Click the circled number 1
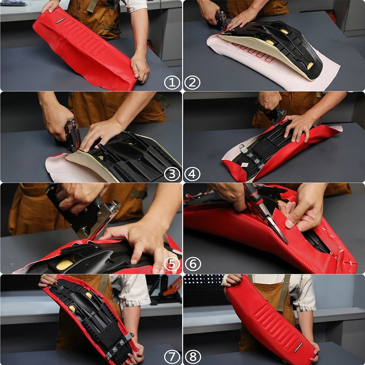click(x=172, y=82)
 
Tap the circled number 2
click(x=192, y=82)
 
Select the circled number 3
click(x=172, y=174)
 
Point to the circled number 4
click(x=192, y=174)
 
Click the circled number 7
click(x=172, y=356)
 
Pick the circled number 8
click(x=192, y=356)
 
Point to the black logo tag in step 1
click(x=58, y=20)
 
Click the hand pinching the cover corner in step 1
click(x=140, y=68)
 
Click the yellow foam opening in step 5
click(x=65, y=265)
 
